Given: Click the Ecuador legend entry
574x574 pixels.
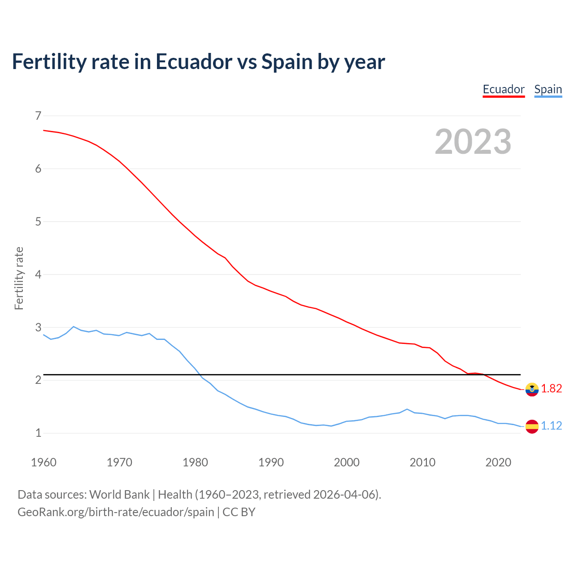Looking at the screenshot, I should [x=504, y=90].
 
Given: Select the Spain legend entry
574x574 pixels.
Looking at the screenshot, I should [x=548, y=90].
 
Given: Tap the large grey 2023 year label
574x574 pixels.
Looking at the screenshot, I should [x=473, y=142].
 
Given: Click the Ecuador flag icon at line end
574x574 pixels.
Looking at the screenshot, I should [x=532, y=389].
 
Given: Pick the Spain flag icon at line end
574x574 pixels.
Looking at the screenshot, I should [x=532, y=426].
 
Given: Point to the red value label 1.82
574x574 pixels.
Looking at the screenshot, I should [x=552, y=389].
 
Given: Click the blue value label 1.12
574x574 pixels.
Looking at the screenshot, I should [x=552, y=426].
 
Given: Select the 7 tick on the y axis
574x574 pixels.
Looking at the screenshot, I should [x=38, y=116].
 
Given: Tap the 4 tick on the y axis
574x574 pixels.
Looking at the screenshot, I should [x=38, y=274].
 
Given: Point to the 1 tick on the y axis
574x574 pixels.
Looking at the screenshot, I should [x=38, y=433].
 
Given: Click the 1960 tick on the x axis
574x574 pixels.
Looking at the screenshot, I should [x=43, y=462].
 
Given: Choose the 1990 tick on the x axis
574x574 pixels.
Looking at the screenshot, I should [x=271, y=462].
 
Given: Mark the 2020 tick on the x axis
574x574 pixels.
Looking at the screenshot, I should [x=498, y=462].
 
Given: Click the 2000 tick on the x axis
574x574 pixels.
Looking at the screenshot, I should [x=347, y=462].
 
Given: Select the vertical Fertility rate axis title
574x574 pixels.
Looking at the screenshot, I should [x=19, y=278].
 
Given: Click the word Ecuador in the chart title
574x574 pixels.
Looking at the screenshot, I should [x=194, y=61].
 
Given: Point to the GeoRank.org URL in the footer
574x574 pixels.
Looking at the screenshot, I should [x=116, y=512].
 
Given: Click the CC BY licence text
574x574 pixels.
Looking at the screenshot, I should [x=239, y=512].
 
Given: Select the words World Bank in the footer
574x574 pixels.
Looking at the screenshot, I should [x=119, y=495].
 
